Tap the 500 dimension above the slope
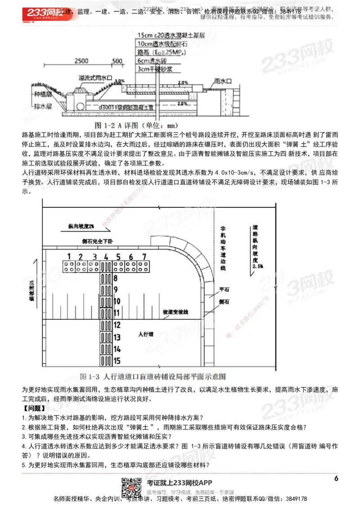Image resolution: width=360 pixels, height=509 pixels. pyautogui.click(x=117, y=61)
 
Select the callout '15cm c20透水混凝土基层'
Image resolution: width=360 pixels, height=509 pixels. pyautogui.click(x=172, y=35)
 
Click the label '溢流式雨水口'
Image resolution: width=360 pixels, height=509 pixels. pyautogui.click(x=94, y=78)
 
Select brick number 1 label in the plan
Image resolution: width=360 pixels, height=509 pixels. pyautogui.click(x=69, y=256)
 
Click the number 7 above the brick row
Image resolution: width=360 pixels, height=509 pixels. pyautogui.click(x=144, y=256)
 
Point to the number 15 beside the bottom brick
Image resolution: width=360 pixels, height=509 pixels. pyautogui.click(x=117, y=360)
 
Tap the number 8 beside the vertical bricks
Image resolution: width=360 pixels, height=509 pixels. pyautogui.click(x=116, y=278)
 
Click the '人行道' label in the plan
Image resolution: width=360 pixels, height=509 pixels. pyautogui.click(x=145, y=335)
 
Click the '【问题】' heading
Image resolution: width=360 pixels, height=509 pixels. pyautogui.click(x=33, y=409)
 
